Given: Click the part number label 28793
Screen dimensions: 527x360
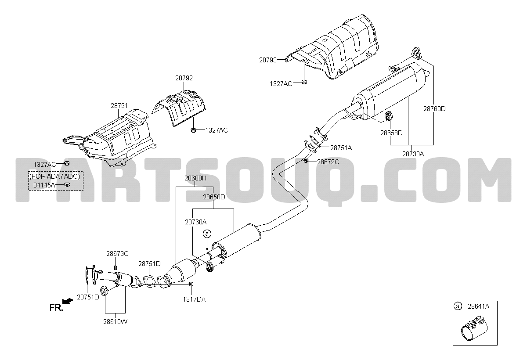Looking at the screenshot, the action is (268, 60).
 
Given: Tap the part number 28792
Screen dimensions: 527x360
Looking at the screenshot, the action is (184, 78).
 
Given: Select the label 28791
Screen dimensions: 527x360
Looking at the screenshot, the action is (119, 106).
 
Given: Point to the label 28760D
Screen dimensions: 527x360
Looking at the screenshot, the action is (434, 109).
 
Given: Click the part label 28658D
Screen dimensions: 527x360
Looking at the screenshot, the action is (391, 133).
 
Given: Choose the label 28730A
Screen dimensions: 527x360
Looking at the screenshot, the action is (413, 154).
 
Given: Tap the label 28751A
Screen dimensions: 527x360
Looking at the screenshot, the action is (341, 148).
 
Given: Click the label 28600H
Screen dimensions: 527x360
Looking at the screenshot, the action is (195, 178).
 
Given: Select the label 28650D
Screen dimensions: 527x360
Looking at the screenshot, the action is (214, 197).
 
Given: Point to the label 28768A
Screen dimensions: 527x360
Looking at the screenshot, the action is (196, 222).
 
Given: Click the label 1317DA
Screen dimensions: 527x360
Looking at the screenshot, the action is (194, 299).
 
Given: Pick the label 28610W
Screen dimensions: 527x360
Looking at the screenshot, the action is (115, 322).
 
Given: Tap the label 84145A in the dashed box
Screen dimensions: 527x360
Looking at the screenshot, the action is (44, 185).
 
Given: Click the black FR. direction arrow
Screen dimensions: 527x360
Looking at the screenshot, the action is (68, 301).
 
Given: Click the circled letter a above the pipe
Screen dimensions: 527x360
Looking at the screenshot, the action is (207, 234).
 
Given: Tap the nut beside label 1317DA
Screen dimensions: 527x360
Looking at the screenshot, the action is (191, 284).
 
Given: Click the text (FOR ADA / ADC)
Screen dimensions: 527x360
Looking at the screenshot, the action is (55, 176).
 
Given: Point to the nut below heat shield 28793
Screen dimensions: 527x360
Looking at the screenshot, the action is (304, 82).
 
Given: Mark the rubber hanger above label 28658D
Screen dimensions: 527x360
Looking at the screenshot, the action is (388, 116).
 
